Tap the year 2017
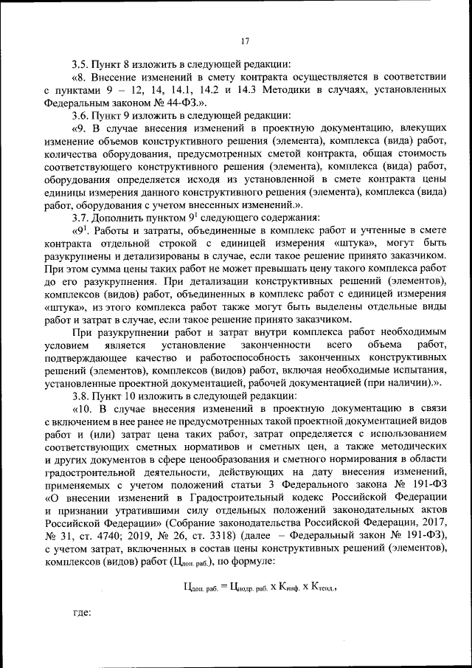(431, 528)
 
